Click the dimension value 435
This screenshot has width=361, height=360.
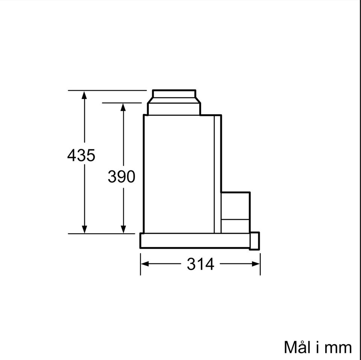(x=81, y=155)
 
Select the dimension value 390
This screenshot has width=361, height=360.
(x=121, y=177)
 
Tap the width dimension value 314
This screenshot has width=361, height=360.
(x=200, y=264)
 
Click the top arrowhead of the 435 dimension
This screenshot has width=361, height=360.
(x=84, y=95)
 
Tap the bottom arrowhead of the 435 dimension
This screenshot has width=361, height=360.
(x=84, y=229)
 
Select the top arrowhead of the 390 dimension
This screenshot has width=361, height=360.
(x=123, y=107)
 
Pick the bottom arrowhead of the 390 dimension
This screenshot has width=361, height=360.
(x=123, y=229)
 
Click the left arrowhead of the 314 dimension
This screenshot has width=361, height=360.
(x=145, y=264)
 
